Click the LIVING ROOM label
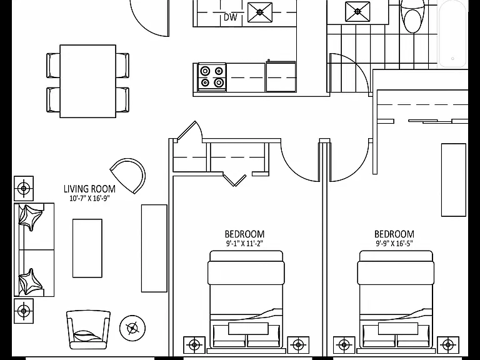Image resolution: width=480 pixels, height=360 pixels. tap(89, 189)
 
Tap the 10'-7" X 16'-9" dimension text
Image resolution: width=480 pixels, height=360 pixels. tap(89, 198)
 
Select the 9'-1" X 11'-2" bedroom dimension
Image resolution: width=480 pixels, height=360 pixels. tap(244, 244)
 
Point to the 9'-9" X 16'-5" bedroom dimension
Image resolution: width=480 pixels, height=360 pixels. tap(394, 244)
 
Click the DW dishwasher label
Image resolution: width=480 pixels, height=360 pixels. tap(230, 17)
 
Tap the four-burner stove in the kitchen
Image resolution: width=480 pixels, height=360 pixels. tap(212, 77)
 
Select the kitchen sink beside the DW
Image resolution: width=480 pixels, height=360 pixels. tap(260, 12)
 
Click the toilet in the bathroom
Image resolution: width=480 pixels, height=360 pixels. tap(412, 16)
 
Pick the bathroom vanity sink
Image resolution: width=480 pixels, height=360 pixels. tap(357, 12)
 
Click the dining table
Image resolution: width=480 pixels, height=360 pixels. tap(88, 81)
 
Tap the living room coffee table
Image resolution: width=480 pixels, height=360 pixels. tap(87, 248)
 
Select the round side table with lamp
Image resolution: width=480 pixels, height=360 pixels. tap(132, 328)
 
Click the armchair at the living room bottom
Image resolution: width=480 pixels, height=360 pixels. tap(88, 330)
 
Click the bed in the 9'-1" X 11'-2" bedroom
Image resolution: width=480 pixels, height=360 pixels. tap(246, 301)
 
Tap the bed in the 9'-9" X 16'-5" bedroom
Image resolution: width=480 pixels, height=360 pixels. tap(396, 301)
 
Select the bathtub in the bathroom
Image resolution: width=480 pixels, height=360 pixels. tap(452, 34)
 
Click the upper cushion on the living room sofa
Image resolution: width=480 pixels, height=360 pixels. tap(30, 218)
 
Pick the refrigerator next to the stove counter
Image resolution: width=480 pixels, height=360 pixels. tap(281, 76)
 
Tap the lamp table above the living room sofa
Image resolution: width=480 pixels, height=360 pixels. tap(24, 188)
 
